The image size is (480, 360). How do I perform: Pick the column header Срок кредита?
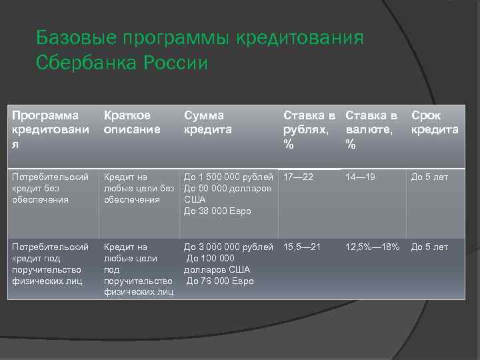(x=435, y=122)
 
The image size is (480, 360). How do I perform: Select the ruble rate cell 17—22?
(x=298, y=177)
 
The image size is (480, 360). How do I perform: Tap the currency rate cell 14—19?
(x=361, y=177)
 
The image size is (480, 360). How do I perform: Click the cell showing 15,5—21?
(x=302, y=247)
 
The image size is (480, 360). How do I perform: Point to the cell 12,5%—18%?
(x=373, y=247)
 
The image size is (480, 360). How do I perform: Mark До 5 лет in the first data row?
(x=429, y=177)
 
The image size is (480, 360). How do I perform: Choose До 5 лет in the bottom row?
(x=429, y=247)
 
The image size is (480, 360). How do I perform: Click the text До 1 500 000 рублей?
(x=229, y=177)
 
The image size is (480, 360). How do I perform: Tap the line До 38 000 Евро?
(x=217, y=211)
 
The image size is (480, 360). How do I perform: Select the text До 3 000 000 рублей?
(x=229, y=247)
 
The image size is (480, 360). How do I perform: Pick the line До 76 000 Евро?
(x=220, y=281)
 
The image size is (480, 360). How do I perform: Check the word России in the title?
(x=175, y=63)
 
